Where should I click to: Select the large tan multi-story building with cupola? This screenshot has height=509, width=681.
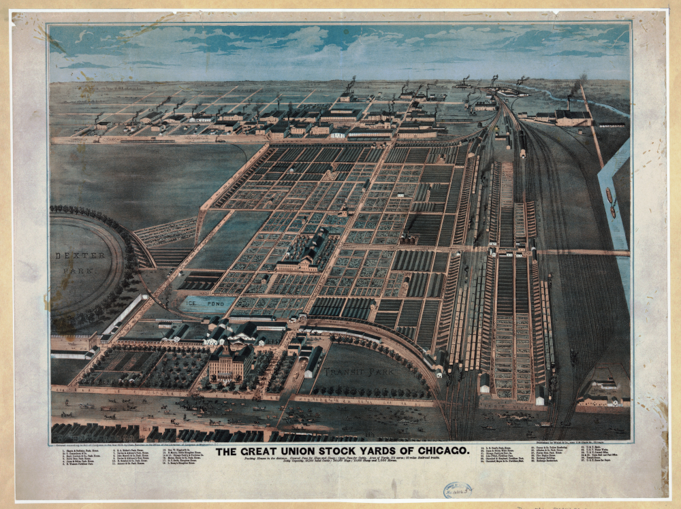(230, 362)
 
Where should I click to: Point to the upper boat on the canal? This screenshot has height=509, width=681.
(608, 195)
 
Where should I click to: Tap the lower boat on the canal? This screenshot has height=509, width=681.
(614, 212)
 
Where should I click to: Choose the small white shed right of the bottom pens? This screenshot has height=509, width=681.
(541, 393)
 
